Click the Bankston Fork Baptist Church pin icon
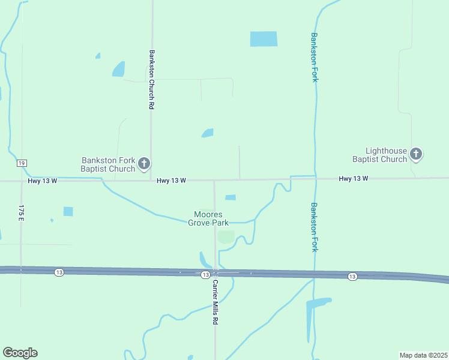144,163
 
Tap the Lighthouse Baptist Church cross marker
416,154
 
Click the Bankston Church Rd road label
152,79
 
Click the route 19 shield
22,163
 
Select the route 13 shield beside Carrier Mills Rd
205,274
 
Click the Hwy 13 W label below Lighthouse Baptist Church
353,179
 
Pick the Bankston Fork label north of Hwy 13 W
313,58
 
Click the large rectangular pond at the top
264,39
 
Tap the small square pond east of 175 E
68,211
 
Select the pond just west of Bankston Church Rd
118,70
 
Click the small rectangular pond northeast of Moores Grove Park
230,197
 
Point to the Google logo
20,353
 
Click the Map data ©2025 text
423,355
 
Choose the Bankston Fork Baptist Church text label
108,164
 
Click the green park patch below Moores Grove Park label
226,237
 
